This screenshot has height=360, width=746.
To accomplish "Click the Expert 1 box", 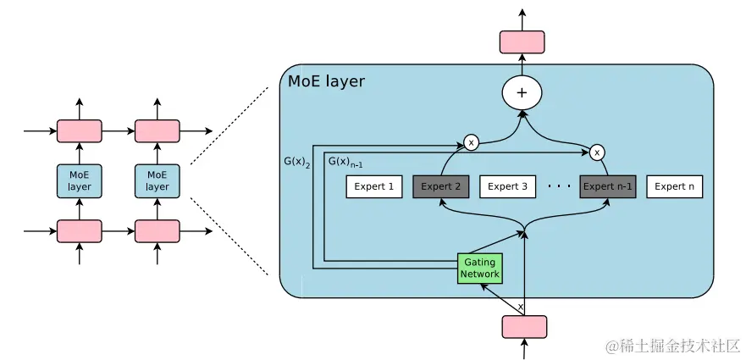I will [x=374, y=186].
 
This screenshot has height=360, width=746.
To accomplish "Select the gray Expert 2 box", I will [x=441, y=186].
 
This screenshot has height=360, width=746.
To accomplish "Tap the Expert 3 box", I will [x=508, y=186].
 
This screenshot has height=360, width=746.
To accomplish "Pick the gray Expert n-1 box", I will [x=607, y=186].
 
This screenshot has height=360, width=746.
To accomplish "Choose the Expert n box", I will [x=675, y=186].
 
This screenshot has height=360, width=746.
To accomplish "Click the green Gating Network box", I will [x=480, y=269].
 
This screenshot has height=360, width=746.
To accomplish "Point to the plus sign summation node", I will [x=522, y=93].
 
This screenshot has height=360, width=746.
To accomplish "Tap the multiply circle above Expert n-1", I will [x=597, y=152].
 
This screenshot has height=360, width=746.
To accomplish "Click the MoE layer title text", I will [x=327, y=82].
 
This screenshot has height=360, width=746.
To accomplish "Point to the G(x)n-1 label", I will [x=345, y=161].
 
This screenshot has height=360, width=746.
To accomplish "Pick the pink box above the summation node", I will [x=522, y=42].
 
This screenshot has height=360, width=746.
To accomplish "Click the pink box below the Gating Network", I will [x=524, y=326].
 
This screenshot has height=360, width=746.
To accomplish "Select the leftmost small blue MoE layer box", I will [x=80, y=181].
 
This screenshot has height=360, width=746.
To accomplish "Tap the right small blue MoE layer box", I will [x=157, y=181].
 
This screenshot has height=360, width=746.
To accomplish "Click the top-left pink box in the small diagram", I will [x=80, y=131].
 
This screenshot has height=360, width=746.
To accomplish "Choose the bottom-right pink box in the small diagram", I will [x=157, y=231].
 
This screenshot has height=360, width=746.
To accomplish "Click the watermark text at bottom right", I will [x=672, y=346].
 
